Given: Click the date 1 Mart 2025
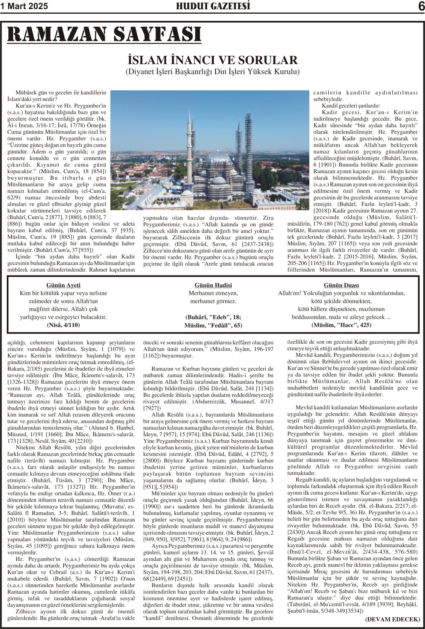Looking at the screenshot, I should pos(24,6).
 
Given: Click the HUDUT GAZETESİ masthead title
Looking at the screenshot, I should pos(213,6).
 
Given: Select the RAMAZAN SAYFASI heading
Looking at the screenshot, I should pos(104,34).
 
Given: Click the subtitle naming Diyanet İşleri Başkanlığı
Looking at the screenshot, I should pos(212,72).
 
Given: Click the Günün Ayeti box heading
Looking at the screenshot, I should pos(63,285).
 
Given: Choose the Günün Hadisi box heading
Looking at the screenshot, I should pos(213,285).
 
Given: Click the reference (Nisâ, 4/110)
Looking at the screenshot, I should pos(63,325).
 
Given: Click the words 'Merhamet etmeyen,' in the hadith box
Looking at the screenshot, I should pos(213,293).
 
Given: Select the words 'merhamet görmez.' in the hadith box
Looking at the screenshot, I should pos(213,301).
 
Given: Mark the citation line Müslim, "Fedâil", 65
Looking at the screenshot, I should pos(213,325).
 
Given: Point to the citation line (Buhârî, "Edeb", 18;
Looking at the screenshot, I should pos(213,317).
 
